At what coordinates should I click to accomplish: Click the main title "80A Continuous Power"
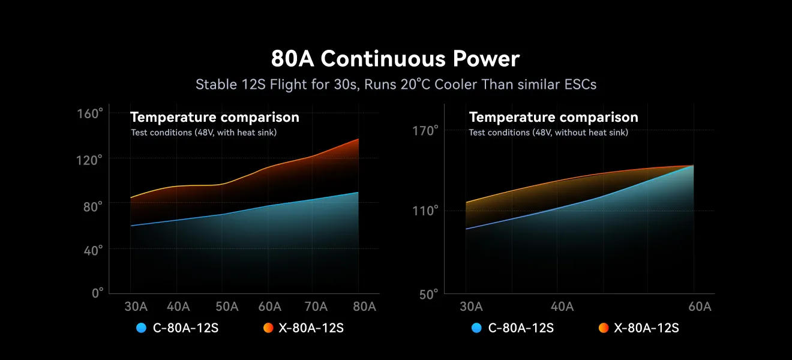point(395,59)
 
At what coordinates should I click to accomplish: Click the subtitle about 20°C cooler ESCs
point(396,85)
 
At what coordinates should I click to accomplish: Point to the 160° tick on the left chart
point(90,113)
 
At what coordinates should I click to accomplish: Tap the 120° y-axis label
point(90,160)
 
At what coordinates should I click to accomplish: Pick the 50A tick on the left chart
point(227,307)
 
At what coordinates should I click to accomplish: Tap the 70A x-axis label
point(316,307)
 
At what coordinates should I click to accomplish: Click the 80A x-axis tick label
point(364,307)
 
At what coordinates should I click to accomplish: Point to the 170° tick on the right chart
point(427,130)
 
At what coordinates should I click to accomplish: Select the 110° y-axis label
point(427,211)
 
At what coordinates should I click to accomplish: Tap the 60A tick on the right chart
point(700,307)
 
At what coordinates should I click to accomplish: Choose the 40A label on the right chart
point(562,307)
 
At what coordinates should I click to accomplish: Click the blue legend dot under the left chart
point(142,328)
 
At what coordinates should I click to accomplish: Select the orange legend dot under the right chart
point(604,328)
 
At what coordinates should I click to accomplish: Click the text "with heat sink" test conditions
point(204,133)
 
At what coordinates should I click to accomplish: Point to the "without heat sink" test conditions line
point(548,133)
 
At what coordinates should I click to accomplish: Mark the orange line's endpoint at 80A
point(358,139)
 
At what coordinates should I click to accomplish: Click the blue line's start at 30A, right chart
point(466,229)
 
